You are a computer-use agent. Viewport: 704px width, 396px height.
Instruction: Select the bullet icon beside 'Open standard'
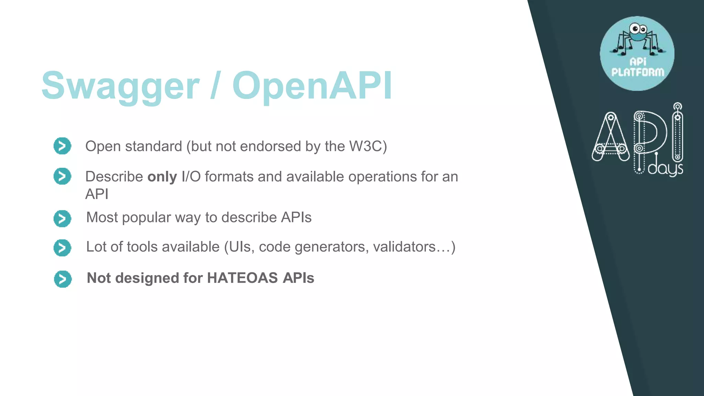(62, 146)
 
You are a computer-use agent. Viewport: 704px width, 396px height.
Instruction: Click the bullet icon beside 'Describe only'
(62, 176)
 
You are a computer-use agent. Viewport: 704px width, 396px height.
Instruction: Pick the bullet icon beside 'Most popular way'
(62, 219)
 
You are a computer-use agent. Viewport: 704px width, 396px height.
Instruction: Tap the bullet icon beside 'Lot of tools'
(62, 248)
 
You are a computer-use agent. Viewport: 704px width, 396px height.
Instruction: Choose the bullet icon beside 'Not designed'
(63, 279)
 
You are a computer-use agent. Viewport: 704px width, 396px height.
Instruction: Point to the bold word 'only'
(162, 177)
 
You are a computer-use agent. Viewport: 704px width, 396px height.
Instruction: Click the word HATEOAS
(242, 278)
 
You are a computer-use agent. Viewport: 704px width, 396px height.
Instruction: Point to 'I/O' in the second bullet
(191, 177)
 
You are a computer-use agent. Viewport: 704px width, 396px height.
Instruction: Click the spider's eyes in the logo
(638, 29)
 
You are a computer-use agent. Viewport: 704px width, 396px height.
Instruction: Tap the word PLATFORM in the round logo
(638, 72)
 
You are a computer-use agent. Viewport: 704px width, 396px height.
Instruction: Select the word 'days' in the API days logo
(665, 169)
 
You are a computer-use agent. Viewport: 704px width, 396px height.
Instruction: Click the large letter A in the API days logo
(610, 137)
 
